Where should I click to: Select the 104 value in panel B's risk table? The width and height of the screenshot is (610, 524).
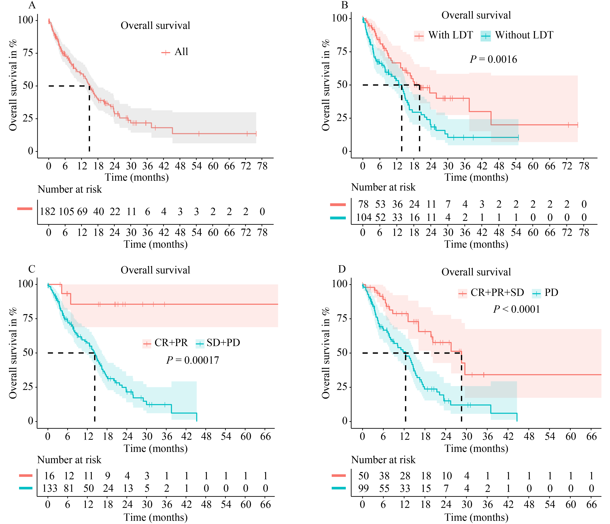click(x=364, y=217)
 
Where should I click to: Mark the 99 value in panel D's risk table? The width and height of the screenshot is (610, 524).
click(x=364, y=488)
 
